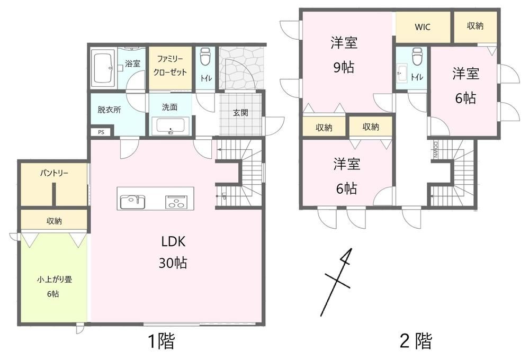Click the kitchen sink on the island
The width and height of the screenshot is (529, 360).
pyautogui.click(x=132, y=201)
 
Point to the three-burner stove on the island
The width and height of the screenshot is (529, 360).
pyautogui.click(x=176, y=202)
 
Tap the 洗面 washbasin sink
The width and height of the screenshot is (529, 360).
pyautogui.click(x=171, y=126)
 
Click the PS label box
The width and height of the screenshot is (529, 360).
pyautogui.click(x=101, y=132)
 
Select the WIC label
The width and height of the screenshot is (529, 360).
pyautogui.click(x=423, y=27)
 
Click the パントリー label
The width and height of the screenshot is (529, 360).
pyautogui.click(x=54, y=174)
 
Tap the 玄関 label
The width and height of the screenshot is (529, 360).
pyautogui.click(x=240, y=112)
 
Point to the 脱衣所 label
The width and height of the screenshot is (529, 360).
pyautogui.click(x=109, y=110)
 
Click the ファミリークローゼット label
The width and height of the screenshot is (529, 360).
pyautogui.click(x=170, y=66)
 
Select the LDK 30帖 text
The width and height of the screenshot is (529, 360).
pyautogui.click(x=173, y=252)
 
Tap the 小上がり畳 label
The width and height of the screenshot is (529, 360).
pyautogui.click(x=55, y=280)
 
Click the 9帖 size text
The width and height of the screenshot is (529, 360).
pyautogui.click(x=344, y=67)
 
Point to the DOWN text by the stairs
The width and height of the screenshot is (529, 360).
pyautogui.click(x=435, y=149)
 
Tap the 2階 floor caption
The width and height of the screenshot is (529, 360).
pyautogui.click(x=416, y=341)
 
